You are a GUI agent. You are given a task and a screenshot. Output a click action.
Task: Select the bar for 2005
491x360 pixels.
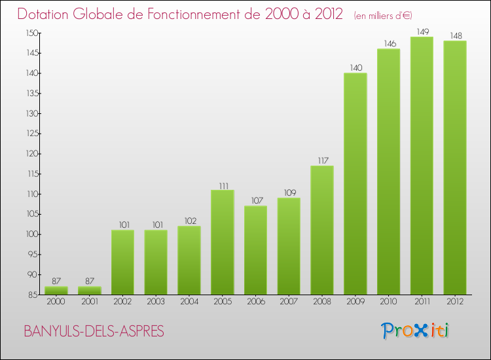[222, 242]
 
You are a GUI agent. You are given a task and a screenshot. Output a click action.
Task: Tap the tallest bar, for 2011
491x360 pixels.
[421, 166]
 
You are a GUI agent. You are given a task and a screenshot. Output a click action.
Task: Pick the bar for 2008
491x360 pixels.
[321, 230]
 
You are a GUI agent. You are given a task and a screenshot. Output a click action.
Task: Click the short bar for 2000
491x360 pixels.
[56, 291]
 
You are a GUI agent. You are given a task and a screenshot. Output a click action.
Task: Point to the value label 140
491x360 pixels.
[355, 67]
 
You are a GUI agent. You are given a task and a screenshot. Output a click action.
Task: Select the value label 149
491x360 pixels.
[421, 31]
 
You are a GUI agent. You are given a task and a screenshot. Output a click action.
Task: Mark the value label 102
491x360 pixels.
[189, 221]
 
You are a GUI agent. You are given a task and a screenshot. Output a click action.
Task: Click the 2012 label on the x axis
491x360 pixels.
[454, 302]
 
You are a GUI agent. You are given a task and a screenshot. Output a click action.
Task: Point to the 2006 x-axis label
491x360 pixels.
[255, 302]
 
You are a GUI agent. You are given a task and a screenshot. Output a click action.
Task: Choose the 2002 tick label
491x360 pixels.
[122, 302]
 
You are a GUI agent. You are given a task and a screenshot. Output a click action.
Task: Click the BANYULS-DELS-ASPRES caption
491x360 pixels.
[94, 331]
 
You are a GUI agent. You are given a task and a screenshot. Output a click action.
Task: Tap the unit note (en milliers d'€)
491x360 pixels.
[382, 15]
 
